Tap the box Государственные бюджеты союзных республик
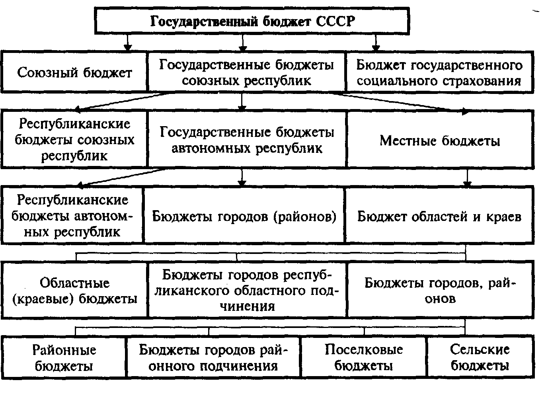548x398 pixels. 246,73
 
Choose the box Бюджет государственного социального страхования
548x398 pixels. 439,73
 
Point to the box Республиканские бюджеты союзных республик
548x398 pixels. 74,139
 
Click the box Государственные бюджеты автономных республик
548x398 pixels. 247,140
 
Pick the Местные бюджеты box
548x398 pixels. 439,140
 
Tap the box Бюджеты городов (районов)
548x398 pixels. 244,216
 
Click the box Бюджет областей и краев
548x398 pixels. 439,216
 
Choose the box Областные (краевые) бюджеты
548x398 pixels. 74,291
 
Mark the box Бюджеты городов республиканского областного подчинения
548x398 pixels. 247,290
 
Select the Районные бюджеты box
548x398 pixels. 64,357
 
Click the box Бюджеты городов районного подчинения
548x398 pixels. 213,357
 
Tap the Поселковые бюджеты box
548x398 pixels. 363,357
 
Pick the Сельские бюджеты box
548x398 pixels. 480,357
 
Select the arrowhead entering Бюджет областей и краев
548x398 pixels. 467,184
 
